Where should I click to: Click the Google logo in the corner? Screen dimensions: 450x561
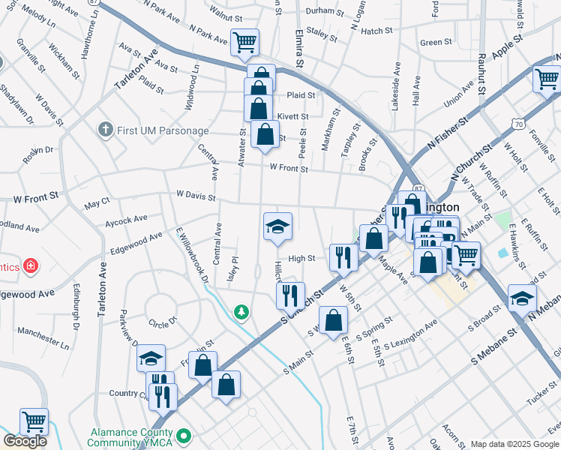(x=25, y=441)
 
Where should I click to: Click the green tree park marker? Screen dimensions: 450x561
(x=241, y=311)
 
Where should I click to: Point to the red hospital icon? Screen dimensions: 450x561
(x=30, y=265)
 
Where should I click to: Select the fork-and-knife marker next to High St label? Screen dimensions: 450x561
(x=343, y=258)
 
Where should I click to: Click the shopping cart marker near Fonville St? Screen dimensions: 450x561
(x=546, y=78)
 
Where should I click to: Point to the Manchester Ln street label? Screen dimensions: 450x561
(x=43, y=337)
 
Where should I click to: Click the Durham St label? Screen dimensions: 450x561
(x=325, y=11)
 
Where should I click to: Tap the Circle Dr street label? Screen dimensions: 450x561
(x=163, y=322)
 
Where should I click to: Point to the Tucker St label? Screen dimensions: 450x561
(x=541, y=397)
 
